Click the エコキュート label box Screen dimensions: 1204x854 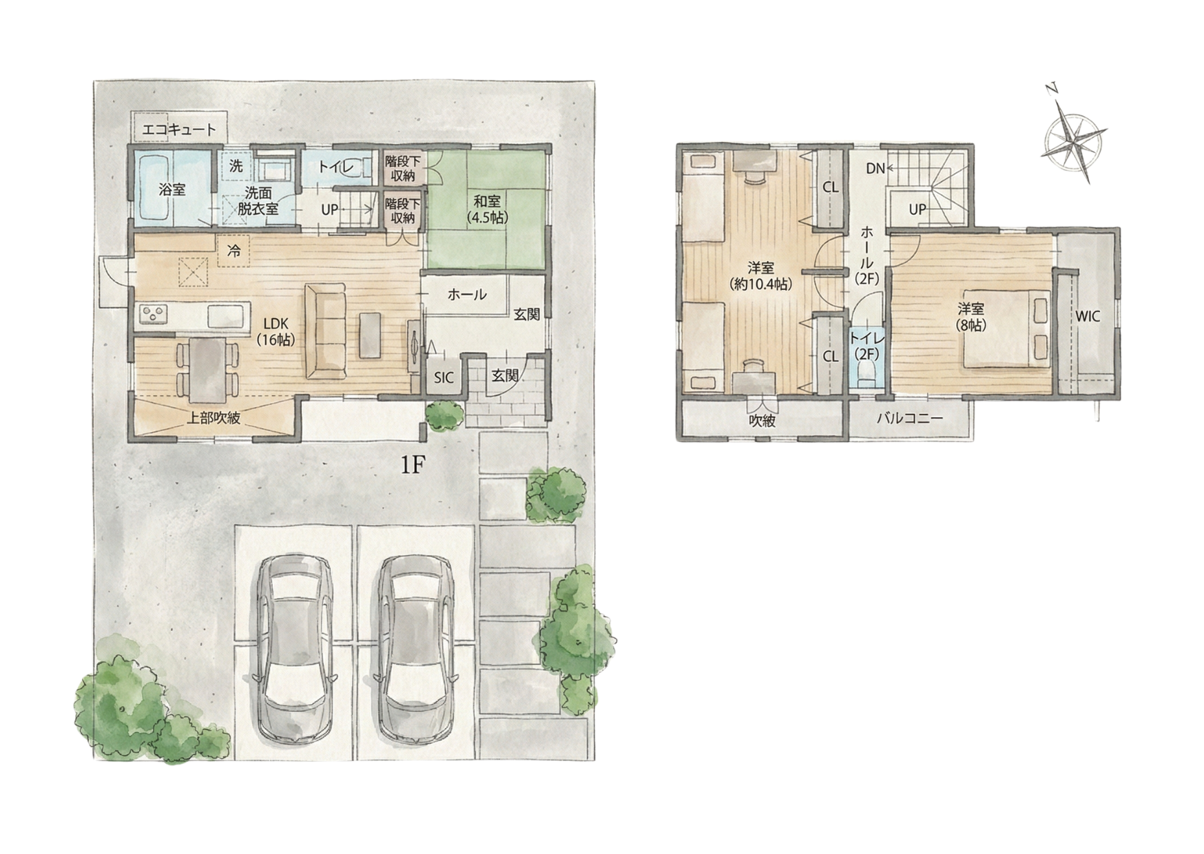pyautogui.click(x=178, y=129)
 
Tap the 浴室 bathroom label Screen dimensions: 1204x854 pyautogui.click(x=172, y=189)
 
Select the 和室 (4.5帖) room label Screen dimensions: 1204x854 pyautogui.click(x=486, y=209)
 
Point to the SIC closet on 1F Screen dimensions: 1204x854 pyautogui.click(x=444, y=377)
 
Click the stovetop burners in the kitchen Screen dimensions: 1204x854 pyautogui.click(x=154, y=315)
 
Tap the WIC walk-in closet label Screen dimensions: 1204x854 pyautogui.click(x=1088, y=317)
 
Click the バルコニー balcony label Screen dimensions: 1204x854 pyautogui.click(x=910, y=418)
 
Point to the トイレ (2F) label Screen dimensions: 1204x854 pyautogui.click(x=866, y=346)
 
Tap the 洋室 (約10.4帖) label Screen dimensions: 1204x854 pyautogui.click(x=762, y=275)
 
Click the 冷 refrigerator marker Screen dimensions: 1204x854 pyautogui.click(x=234, y=251)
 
